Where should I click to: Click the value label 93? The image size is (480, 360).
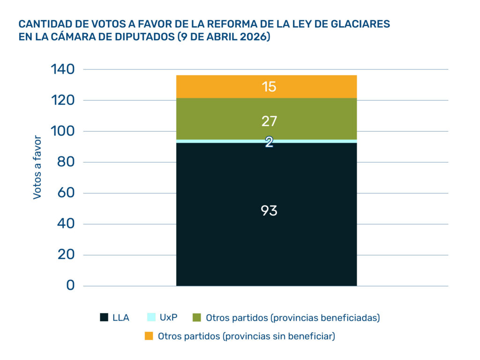point(269,211)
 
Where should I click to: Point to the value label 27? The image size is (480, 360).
point(269,121)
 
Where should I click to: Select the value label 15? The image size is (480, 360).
point(269,87)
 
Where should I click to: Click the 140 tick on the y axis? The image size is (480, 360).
point(62,69)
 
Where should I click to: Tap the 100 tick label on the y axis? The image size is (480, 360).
point(62,131)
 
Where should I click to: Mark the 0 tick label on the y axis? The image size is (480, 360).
point(70,285)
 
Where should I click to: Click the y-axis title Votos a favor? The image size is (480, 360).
point(37,167)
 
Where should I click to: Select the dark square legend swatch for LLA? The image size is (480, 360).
point(104,317)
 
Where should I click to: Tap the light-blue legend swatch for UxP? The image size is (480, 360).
point(151,317)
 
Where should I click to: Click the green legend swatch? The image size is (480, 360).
point(197,317)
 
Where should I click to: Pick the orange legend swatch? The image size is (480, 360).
point(149,336)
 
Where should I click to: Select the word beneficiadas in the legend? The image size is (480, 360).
point(347,317)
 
